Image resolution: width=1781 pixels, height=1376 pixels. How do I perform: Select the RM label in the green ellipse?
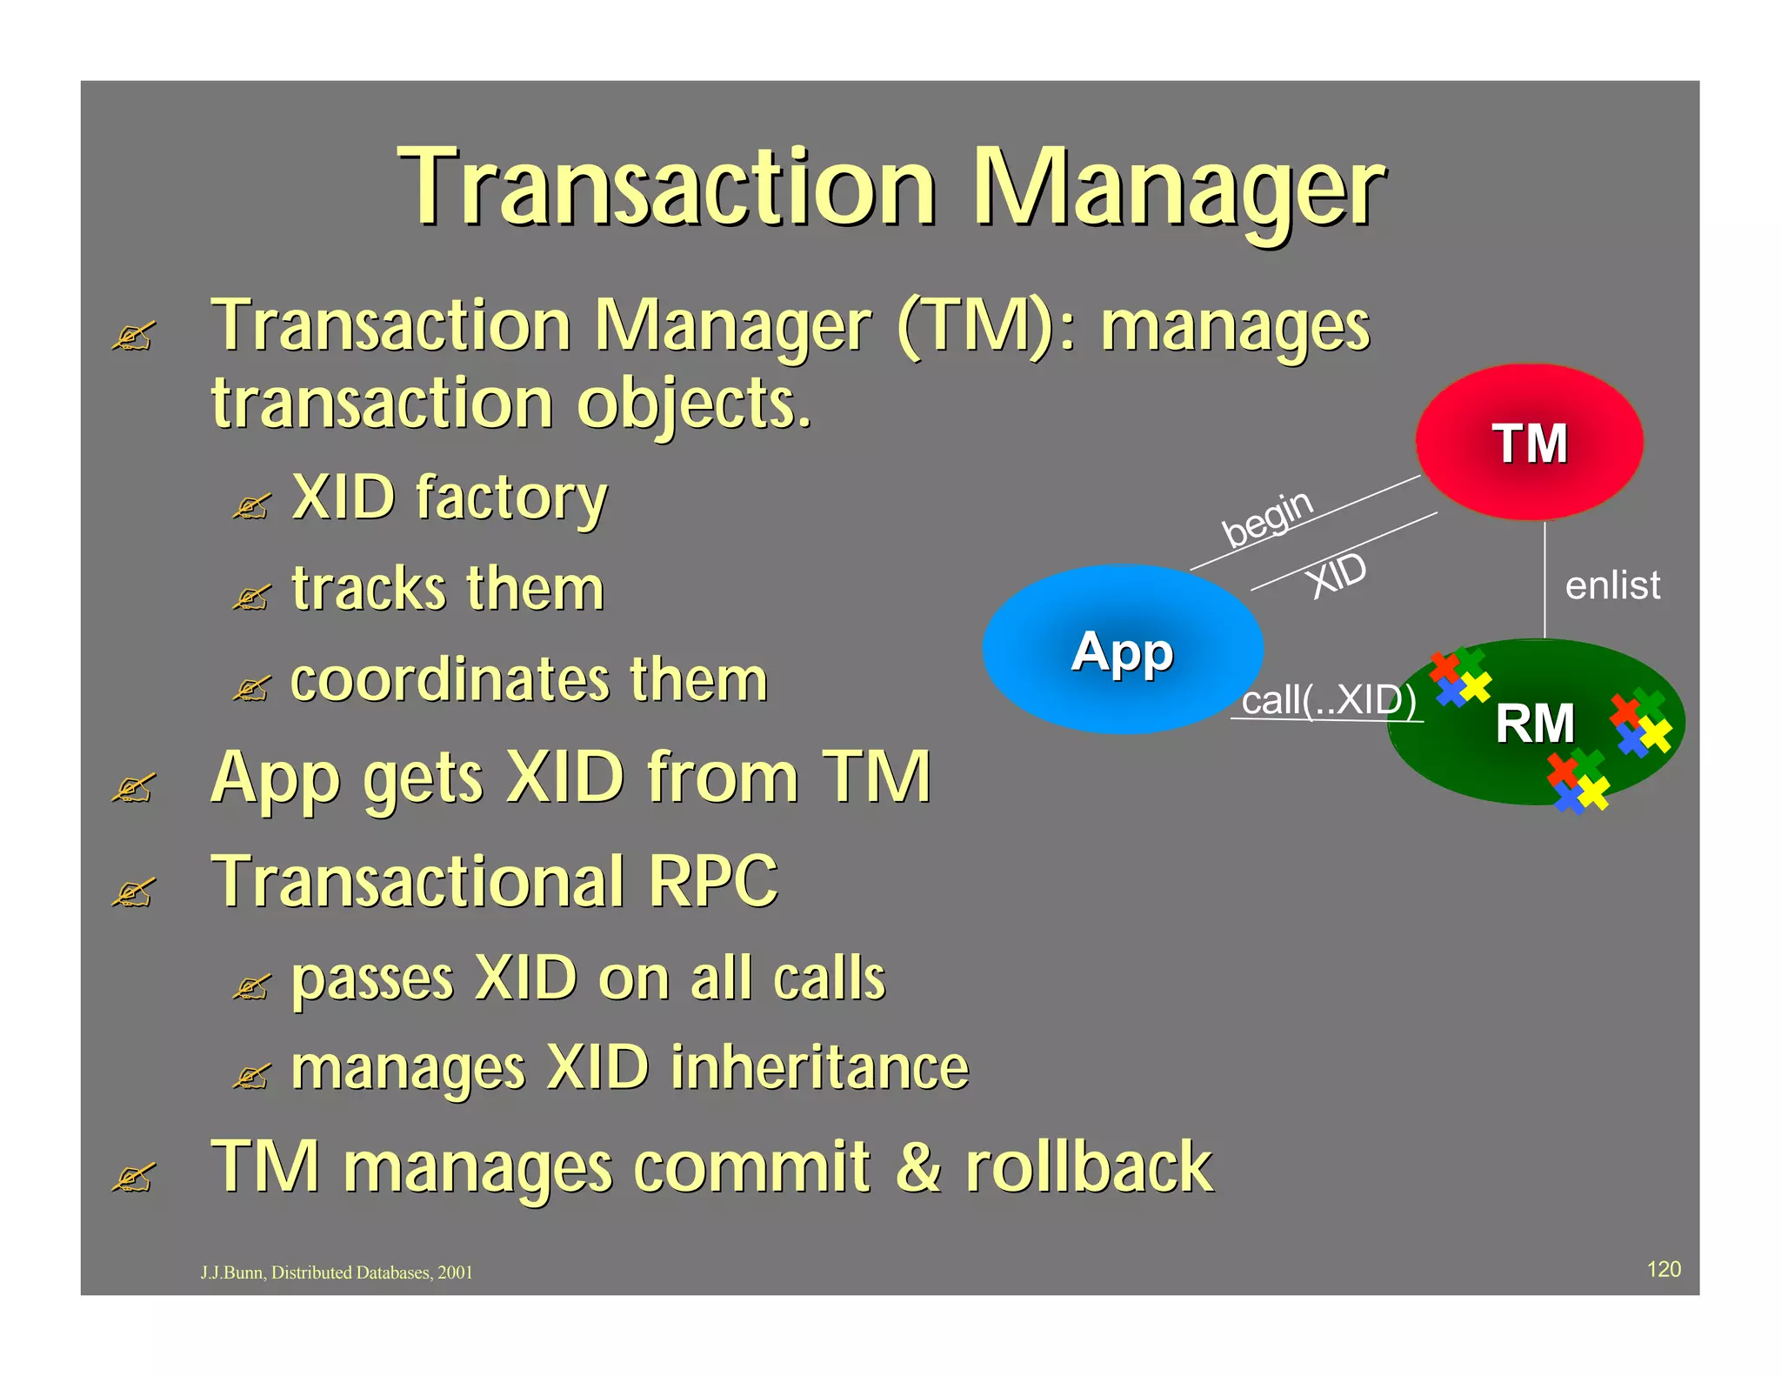point(1535,723)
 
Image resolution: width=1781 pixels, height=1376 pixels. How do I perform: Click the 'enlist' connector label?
point(1612,585)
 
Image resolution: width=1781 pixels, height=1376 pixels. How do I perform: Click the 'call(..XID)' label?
point(1328,700)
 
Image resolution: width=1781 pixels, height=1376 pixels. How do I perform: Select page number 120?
point(1664,1269)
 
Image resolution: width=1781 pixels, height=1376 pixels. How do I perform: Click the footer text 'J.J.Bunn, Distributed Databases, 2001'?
point(337,1272)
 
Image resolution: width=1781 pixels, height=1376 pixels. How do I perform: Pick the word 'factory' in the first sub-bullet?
point(511,498)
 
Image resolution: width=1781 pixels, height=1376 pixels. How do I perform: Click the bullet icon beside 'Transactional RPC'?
point(133,892)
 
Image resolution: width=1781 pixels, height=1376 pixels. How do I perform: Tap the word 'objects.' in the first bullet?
point(694,404)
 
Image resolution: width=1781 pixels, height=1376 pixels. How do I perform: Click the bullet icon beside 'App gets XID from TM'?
point(133,788)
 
